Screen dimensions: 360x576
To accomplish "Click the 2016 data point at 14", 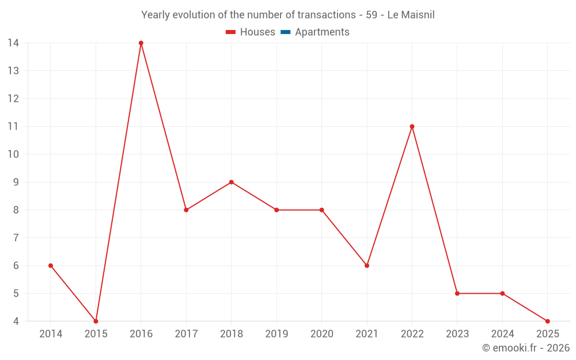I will pyautogui.click(x=141, y=43).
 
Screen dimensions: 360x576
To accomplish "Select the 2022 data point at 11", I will pyautogui.click(x=412, y=127).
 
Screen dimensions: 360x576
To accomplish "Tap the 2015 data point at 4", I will pyautogui.click(x=96, y=321).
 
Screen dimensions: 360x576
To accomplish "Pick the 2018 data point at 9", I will pyautogui.click(x=231, y=182).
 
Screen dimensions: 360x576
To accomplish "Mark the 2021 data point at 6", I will pyautogui.click(x=367, y=266).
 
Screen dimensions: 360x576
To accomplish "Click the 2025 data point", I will pyautogui.click(x=547, y=321).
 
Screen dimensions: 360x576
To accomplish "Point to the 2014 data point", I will pyautogui.click(x=51, y=266).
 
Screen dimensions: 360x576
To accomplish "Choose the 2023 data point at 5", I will pyautogui.click(x=457, y=293).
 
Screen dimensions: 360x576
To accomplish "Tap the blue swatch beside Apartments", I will pyautogui.click(x=285, y=32).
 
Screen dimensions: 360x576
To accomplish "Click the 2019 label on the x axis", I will pyautogui.click(x=276, y=334).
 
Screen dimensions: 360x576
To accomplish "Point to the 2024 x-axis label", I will pyautogui.click(x=502, y=334).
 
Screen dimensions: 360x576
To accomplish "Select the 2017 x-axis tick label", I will pyautogui.click(x=186, y=334).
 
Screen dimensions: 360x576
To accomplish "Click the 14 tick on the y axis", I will pyautogui.click(x=13, y=43).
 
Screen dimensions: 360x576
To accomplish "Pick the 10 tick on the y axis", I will pyautogui.click(x=13, y=154).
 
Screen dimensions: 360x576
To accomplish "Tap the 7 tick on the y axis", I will pyautogui.click(x=16, y=238).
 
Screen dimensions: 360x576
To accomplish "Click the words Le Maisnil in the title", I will pyautogui.click(x=411, y=15).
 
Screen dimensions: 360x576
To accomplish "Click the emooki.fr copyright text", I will pyautogui.click(x=526, y=348).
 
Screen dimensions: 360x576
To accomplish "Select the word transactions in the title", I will pyautogui.click(x=326, y=15).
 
